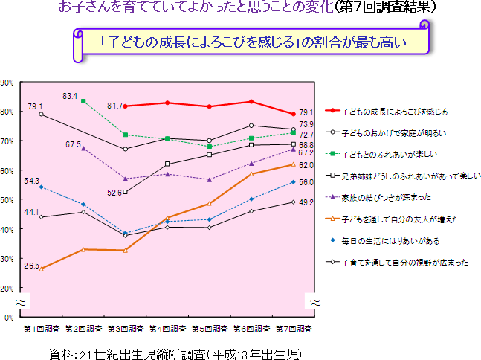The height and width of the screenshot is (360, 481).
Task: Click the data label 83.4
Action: point(70,96)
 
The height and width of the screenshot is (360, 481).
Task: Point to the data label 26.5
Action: point(31,266)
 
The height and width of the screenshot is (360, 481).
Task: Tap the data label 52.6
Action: point(114,193)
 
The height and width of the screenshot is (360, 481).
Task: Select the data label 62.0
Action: point(306,165)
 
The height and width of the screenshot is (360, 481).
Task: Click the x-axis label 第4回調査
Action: point(168,328)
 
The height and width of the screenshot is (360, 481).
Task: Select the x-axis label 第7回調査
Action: point(294,328)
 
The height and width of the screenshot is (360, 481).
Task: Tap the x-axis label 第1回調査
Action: point(42,328)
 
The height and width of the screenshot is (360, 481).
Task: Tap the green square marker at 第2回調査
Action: point(83,101)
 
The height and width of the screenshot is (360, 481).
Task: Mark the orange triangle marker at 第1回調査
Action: point(41,269)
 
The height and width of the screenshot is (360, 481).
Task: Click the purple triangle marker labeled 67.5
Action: point(83,148)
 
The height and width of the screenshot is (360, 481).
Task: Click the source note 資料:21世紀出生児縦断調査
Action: point(175,350)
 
